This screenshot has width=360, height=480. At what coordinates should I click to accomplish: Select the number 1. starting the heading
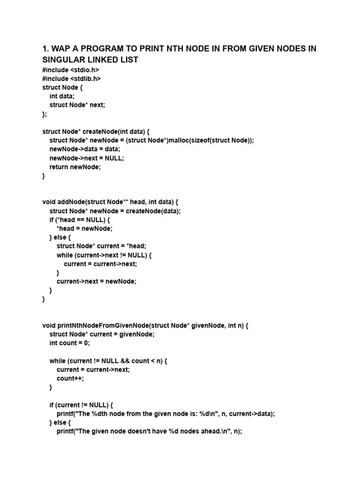point(46,49)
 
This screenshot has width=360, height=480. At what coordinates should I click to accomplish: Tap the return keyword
point(59,167)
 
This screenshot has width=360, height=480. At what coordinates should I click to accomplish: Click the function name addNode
point(69,202)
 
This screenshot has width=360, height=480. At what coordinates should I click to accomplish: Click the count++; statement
point(70,378)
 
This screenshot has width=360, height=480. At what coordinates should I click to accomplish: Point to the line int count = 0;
point(69,343)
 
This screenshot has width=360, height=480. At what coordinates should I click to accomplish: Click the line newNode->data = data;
point(85,149)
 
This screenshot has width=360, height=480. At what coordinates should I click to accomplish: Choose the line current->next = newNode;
point(96,281)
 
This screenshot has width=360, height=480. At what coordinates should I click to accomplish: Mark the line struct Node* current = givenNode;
point(102,334)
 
